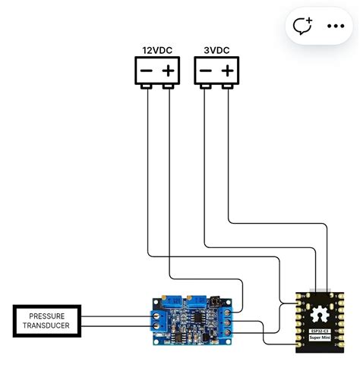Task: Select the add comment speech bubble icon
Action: [x=304, y=26]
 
